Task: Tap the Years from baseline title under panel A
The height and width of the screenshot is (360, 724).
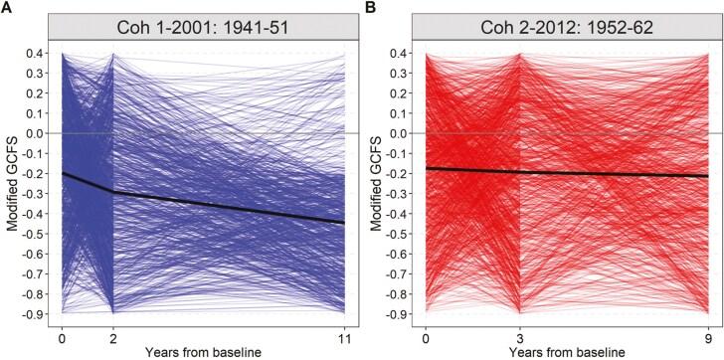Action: (x=204, y=352)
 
